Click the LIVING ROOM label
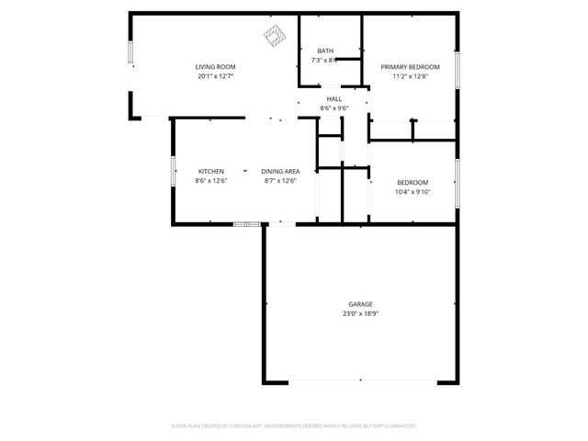(x=215, y=67)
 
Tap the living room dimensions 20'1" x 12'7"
(x=215, y=76)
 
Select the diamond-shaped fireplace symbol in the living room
(x=273, y=37)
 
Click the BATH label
(x=325, y=51)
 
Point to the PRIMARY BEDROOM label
(x=411, y=67)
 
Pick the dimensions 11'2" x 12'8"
(x=411, y=76)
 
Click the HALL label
(x=334, y=98)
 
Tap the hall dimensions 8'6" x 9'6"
(x=334, y=107)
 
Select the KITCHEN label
(x=211, y=171)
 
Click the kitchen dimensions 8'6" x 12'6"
(x=211, y=181)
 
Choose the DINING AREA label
(x=280, y=171)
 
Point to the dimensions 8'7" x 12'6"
(x=280, y=181)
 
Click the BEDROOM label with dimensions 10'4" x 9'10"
(x=413, y=182)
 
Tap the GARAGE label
(x=360, y=303)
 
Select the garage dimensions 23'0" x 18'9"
(x=360, y=313)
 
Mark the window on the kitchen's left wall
(x=173, y=171)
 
